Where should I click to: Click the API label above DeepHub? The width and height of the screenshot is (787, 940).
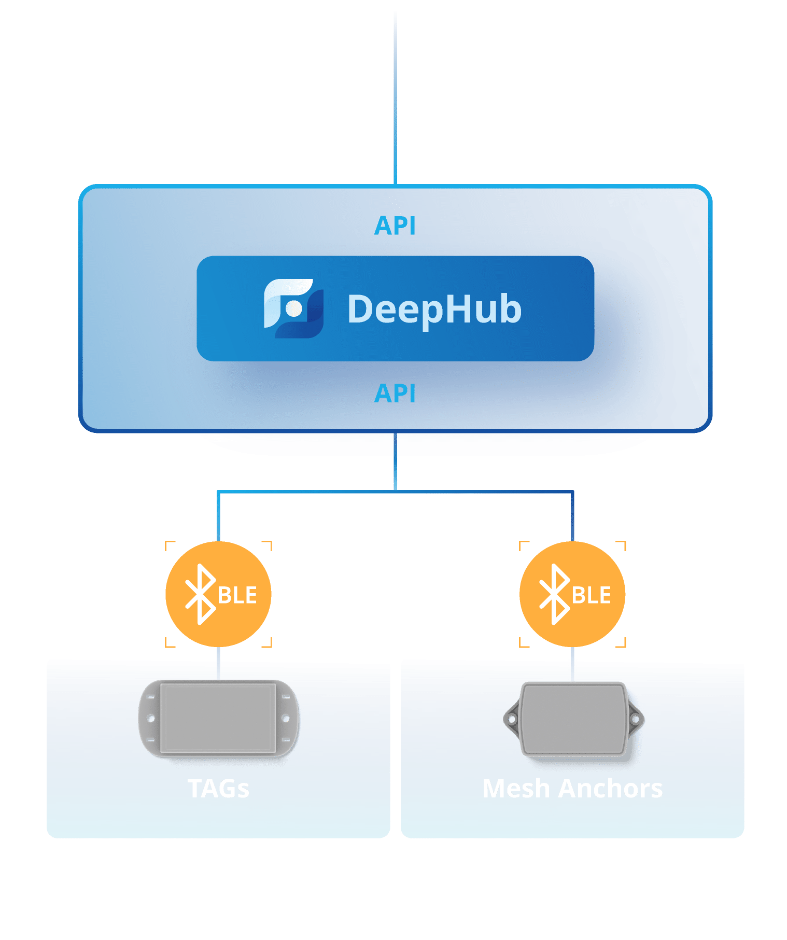point(395,226)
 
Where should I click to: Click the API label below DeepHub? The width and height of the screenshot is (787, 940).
point(395,394)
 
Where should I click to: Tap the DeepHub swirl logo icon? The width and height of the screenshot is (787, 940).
point(293,308)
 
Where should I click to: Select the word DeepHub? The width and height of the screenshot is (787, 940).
point(434,309)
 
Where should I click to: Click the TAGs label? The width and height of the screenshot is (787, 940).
point(218,789)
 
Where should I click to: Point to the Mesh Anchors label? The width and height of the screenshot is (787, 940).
point(572,789)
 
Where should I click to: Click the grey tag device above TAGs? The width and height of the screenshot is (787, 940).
point(218,718)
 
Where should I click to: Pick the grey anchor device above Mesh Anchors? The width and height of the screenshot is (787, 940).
point(573,719)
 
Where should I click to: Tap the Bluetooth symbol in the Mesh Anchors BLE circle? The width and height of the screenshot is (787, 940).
point(554,594)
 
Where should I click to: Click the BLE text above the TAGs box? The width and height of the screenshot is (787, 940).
point(237,595)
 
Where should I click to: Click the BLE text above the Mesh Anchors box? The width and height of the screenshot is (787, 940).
point(592,595)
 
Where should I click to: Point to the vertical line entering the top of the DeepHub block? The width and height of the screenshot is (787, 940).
point(395,99)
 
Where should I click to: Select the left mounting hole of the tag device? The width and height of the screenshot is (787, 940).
point(151,718)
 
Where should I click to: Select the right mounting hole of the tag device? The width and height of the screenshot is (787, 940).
point(285,718)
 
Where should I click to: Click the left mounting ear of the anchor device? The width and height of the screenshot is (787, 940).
point(511,719)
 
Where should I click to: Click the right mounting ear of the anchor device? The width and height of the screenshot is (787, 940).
point(636,719)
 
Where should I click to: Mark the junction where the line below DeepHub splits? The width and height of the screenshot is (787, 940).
point(395,491)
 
